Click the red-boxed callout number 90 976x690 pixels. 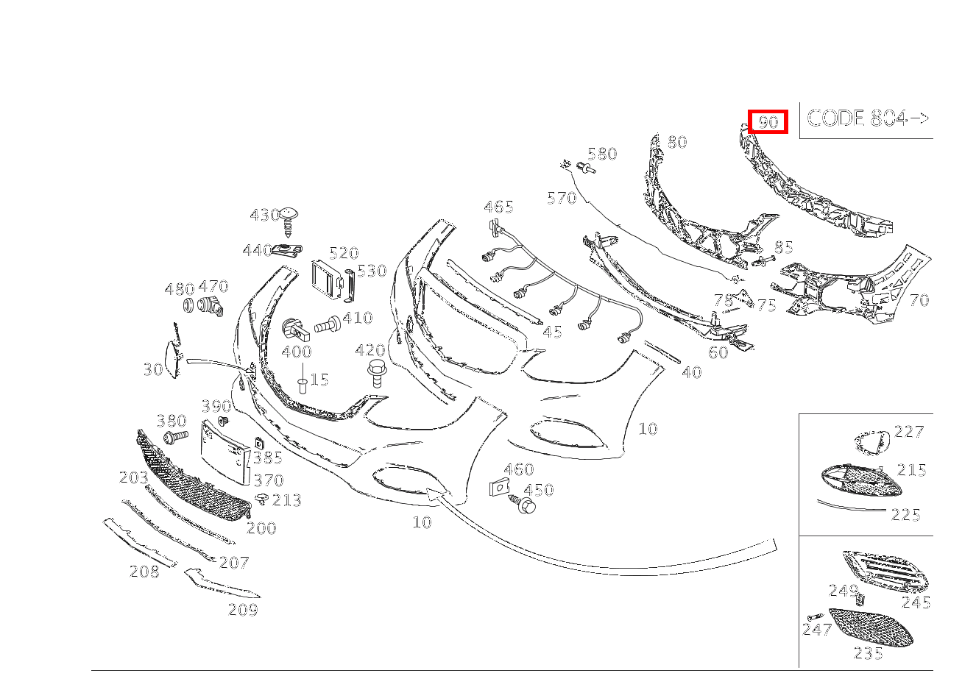pyautogui.click(x=768, y=121)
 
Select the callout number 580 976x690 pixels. pyautogui.click(x=602, y=154)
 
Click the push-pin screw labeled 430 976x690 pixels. pyautogui.click(x=288, y=221)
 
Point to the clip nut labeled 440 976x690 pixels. pyautogui.click(x=287, y=250)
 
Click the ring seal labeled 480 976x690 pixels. pyautogui.click(x=188, y=305)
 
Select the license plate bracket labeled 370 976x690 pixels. pyautogui.click(x=225, y=452)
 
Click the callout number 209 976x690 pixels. pyautogui.click(x=243, y=610)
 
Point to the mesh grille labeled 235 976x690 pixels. pyautogui.click(x=871, y=627)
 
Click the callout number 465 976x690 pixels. pyautogui.click(x=498, y=207)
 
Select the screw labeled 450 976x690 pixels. pyautogui.click(x=523, y=504)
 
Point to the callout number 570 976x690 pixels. pyautogui.click(x=562, y=198)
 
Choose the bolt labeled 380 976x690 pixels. pyautogui.click(x=176, y=436)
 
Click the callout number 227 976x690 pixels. pyautogui.click(x=909, y=431)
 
